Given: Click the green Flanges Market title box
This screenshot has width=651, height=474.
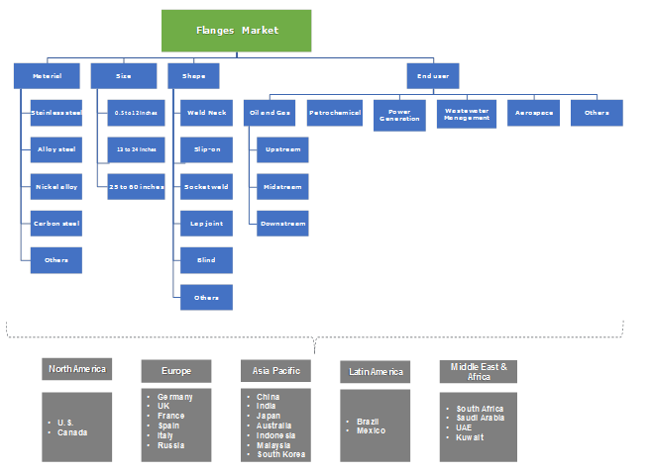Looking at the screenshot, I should pos(236,31).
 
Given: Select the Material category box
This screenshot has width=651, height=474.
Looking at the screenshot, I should pos(48,76).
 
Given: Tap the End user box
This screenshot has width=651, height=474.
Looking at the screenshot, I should pos(433,76).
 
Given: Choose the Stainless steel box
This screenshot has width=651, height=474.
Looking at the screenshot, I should pos(55,113).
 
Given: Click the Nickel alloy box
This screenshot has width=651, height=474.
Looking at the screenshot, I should pos(55,186).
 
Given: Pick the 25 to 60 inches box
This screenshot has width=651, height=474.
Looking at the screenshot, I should pos(136,186).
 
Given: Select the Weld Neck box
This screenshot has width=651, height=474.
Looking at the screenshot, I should pos(206,113).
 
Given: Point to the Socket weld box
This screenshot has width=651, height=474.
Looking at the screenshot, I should pos(206,186).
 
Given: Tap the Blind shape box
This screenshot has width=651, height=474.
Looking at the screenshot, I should pos(206,260).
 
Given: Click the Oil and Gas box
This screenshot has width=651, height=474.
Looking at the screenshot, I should pos(271,113).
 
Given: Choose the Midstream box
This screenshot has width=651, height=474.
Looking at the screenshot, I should pos(282,186).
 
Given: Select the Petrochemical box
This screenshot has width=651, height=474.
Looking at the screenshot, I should pos(334,113).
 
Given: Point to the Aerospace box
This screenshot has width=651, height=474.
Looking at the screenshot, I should pos(534,113).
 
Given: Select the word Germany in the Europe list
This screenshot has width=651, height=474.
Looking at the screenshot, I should pos(174,397).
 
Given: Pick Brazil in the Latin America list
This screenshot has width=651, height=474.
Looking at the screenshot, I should pos(368,422).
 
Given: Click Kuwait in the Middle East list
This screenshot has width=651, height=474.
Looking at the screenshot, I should pos(471,436).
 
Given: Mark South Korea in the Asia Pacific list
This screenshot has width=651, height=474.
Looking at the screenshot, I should pos(280,454).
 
